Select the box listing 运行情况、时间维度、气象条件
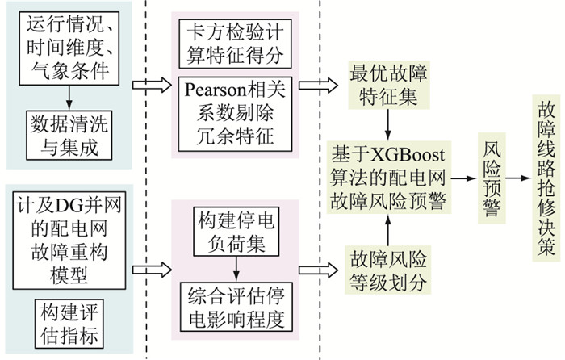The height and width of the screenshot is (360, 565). [68, 49]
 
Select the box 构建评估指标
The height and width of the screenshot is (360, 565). [68, 324]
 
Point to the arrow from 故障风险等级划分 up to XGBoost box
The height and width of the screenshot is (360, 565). [389, 232]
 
